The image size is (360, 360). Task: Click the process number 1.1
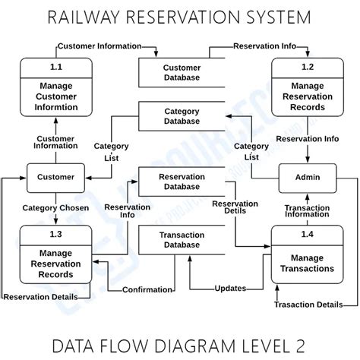[x=55, y=68]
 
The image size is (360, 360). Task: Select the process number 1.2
[x=307, y=68]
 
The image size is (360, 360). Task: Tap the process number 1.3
[x=55, y=234]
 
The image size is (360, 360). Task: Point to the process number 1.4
[x=307, y=234]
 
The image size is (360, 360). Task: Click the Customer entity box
[x=55, y=177]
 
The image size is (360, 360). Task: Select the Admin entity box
[x=307, y=177]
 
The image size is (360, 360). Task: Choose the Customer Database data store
[x=182, y=73]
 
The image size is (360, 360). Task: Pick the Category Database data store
[x=182, y=115]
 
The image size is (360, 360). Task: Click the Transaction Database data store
[x=181, y=240]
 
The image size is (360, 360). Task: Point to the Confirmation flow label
[x=147, y=289]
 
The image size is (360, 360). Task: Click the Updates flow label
[x=229, y=289]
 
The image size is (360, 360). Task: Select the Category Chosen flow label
[x=55, y=207]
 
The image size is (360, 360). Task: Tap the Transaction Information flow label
[x=307, y=210]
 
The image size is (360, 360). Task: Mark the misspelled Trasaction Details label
[x=308, y=304]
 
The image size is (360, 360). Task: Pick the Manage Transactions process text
[x=307, y=263]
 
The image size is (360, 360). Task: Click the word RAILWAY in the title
[x=92, y=16]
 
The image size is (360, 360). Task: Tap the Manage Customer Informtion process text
[x=55, y=96]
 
